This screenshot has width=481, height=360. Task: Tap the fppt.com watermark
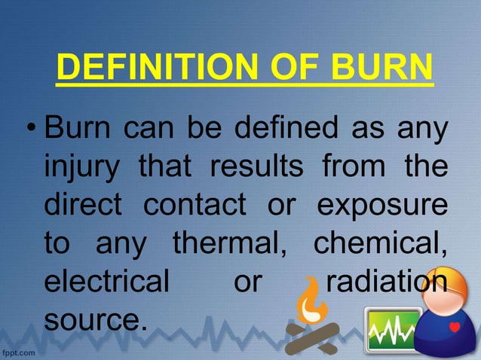coord(20,352)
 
